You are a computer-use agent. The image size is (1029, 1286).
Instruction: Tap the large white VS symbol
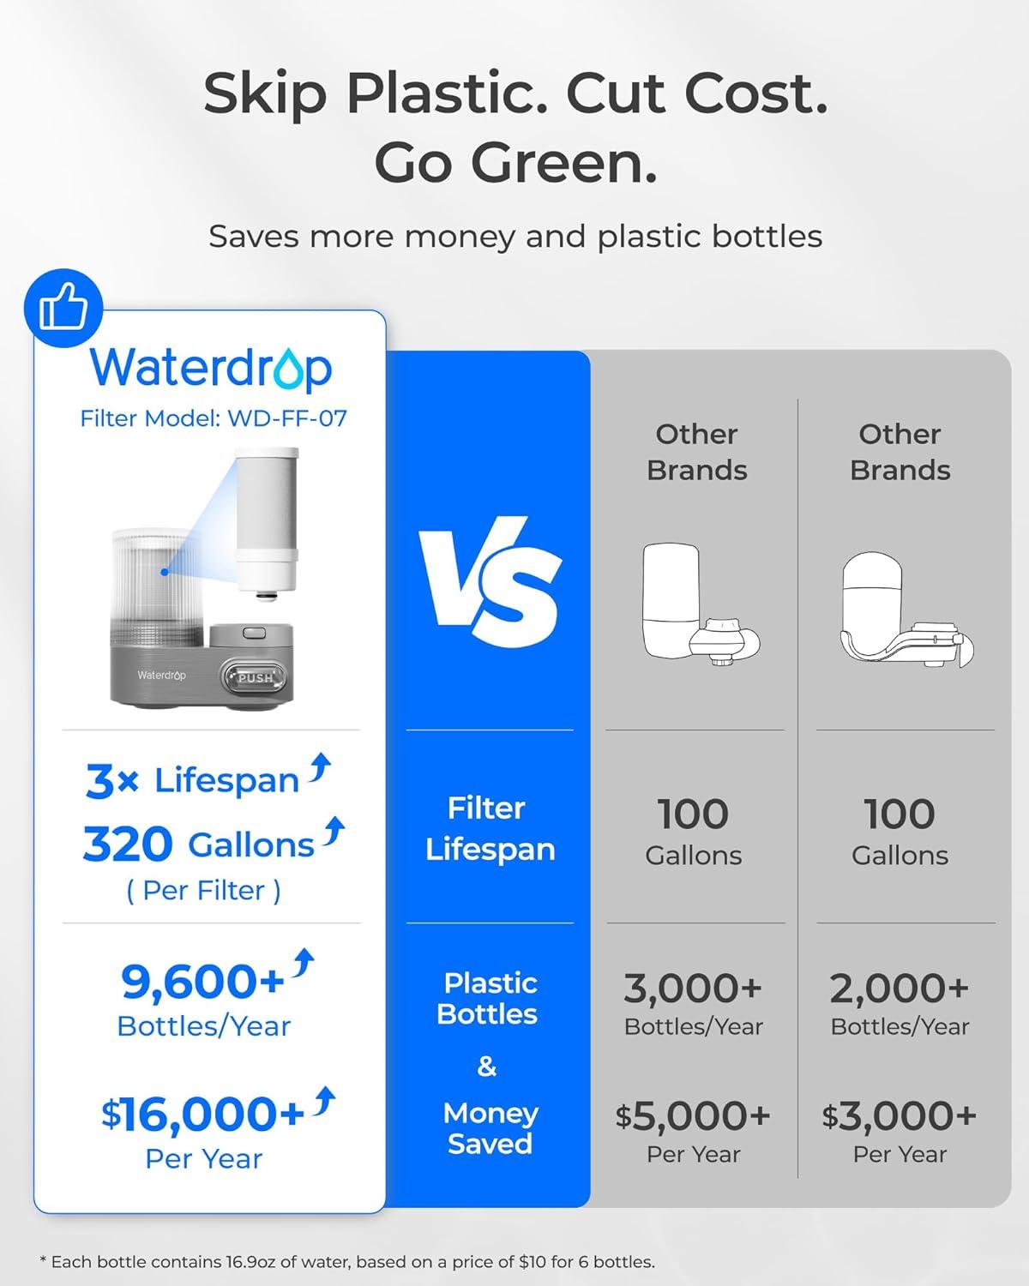490,582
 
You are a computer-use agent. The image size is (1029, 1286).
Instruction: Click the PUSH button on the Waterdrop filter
255,676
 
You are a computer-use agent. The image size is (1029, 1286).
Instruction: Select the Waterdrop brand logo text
211,368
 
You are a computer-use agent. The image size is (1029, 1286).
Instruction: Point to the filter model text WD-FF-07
286,418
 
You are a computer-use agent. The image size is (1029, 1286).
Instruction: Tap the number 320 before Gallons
128,845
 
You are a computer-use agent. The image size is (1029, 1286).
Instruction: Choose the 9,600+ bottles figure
202,982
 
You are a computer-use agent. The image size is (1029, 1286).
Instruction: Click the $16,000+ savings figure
202,1114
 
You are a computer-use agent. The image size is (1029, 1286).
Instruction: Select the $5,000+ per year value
693,1116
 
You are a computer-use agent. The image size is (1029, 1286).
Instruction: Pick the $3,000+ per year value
900,1116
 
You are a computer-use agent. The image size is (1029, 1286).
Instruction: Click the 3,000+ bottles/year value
693,989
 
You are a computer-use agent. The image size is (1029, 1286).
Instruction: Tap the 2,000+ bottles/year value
900,989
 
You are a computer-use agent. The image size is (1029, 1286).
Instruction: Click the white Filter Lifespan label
490,828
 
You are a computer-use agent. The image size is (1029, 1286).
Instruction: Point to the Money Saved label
490,1128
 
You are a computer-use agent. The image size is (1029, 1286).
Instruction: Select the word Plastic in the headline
446,93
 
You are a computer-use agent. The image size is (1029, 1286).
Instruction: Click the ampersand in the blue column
487,1067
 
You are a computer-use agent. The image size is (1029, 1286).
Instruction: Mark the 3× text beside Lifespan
112,781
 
